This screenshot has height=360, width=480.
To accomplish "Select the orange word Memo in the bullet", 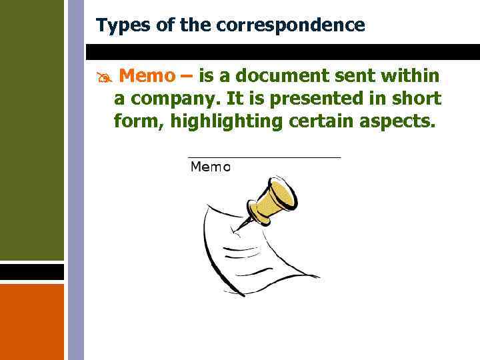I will [x=148, y=75].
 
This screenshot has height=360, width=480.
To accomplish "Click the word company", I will [x=174, y=99].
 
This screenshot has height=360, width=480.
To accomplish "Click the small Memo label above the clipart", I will [x=210, y=167].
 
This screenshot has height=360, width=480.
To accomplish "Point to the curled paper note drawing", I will [x=260, y=253].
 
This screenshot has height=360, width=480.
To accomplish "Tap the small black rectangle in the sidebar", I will [x=31, y=272].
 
